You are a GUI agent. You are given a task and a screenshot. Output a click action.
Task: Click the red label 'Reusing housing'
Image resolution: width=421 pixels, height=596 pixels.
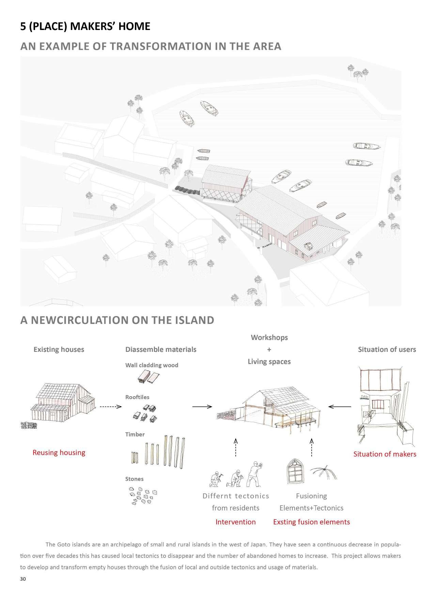pos(59,453)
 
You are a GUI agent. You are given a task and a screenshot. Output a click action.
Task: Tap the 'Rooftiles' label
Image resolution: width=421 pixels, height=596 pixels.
pos(137,397)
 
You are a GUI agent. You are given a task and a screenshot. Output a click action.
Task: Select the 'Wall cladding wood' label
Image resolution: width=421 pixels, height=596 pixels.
pos(152,365)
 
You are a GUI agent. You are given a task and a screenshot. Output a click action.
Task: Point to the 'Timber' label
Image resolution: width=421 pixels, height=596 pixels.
pos(135,434)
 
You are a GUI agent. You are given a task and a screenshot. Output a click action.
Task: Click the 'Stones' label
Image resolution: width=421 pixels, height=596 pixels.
pos(134,479)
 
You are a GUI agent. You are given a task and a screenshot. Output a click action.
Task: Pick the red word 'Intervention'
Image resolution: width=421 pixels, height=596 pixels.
pos(235,522)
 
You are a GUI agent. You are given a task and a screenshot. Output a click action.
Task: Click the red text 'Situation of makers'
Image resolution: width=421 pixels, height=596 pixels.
pos(385,454)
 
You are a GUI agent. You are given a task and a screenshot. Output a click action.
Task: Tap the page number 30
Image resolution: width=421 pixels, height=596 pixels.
pos(23,579)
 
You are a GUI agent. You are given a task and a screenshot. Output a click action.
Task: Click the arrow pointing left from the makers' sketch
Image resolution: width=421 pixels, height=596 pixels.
pos(340,406)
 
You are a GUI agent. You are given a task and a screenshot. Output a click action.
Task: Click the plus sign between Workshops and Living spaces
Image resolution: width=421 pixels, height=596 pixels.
pos(269,349)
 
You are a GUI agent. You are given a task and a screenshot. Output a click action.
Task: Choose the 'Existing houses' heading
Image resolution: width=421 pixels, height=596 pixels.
pos(59,349)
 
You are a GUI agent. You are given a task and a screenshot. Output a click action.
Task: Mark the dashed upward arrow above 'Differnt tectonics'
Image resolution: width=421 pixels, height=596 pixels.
pos(236,447)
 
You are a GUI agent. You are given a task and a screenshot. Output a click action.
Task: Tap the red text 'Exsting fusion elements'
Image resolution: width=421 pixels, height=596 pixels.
pos(311,522)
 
